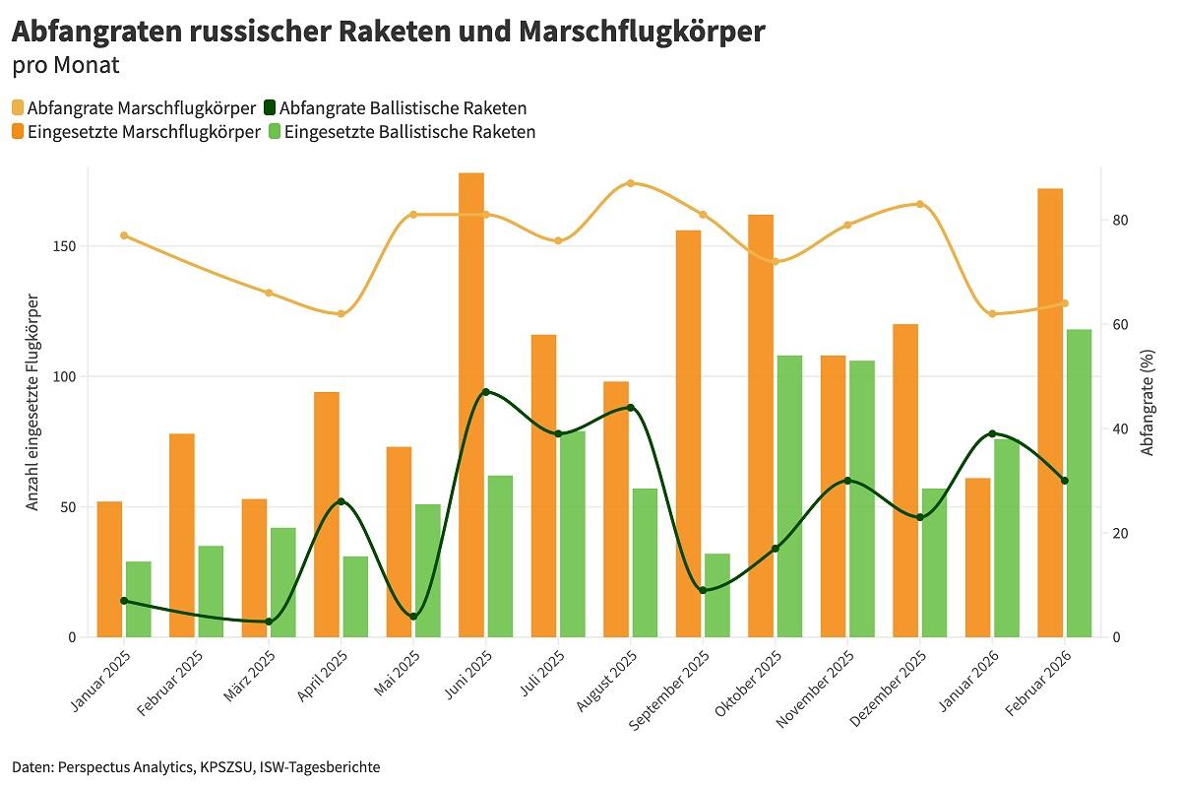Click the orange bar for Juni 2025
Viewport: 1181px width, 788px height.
pos(471,405)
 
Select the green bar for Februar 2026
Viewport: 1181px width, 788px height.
pos(1080,483)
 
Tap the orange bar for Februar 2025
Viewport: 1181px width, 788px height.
pos(182,535)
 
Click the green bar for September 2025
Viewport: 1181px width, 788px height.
pos(717,595)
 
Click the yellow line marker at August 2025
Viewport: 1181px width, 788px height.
pos(631,183)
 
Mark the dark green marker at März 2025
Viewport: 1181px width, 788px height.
pos(269,622)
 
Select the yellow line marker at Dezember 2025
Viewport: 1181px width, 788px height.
pos(920,204)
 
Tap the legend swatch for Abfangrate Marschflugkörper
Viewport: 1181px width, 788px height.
pos(18,108)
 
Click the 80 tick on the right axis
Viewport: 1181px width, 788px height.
pos(1115,220)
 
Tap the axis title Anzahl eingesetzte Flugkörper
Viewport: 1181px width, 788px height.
pos(32,402)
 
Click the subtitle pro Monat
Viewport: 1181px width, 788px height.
pos(65,66)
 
